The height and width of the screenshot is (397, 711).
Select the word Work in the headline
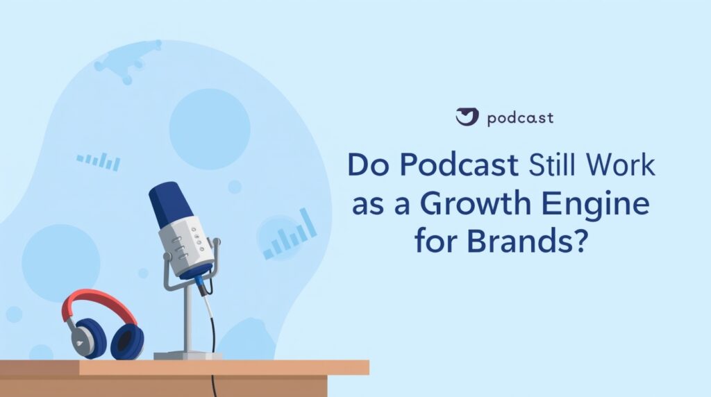(624, 165)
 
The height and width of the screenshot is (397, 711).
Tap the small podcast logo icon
(467, 117)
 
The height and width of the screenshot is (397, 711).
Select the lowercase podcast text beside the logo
(520, 118)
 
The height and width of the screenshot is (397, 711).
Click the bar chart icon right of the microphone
(290, 236)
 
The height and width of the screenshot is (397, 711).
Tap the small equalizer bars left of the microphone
(99, 162)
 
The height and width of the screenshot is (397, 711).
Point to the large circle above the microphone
(209, 129)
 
